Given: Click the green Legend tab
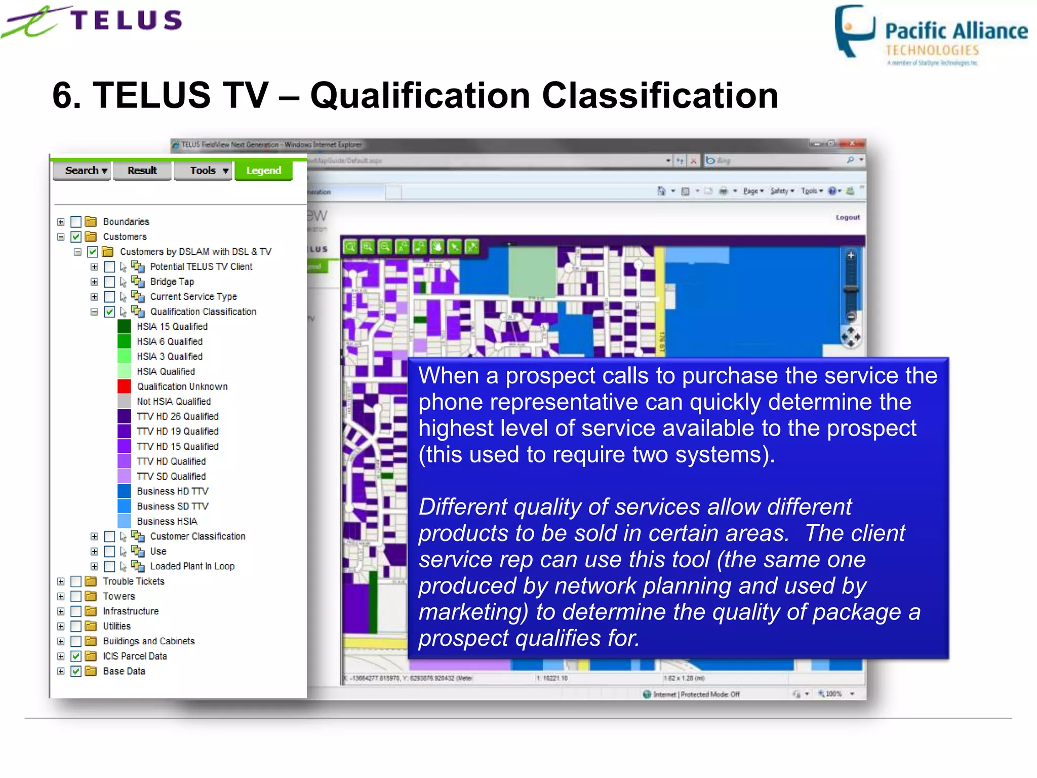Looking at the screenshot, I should pyautogui.click(x=263, y=171).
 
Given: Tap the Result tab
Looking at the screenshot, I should pyautogui.click(x=142, y=171).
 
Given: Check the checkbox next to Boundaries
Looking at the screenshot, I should pyautogui.click(x=76, y=222).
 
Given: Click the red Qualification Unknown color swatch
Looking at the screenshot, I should pyautogui.click(x=124, y=386).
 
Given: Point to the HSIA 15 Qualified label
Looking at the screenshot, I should pyautogui.click(x=172, y=327).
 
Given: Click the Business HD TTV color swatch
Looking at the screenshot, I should pyautogui.click(x=124, y=491).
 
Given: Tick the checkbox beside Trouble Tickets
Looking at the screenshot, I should pyautogui.click(x=76, y=581).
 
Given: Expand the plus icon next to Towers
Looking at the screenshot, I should pyautogui.click(x=61, y=597).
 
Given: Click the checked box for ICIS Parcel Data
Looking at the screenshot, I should pyautogui.click(x=76, y=656).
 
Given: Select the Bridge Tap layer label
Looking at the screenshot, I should pyautogui.click(x=172, y=282).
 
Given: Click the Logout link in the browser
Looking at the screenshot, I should pyautogui.click(x=848, y=217).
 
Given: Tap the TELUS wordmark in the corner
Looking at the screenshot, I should pyautogui.click(x=126, y=21).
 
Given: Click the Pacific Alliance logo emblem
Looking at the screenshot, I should pyautogui.click(x=855, y=30).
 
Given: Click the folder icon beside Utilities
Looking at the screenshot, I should pyautogui.click(x=91, y=627).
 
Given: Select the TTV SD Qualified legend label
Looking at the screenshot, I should pyautogui.click(x=171, y=477).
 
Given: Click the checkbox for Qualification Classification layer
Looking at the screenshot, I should pyautogui.click(x=109, y=312).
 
